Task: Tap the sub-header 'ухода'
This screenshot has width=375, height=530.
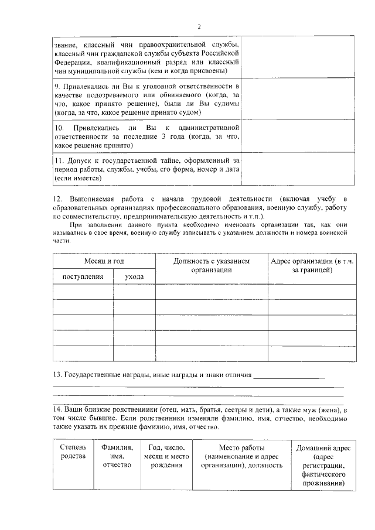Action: point(134,276)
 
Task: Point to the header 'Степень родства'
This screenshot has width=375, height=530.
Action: point(73,452)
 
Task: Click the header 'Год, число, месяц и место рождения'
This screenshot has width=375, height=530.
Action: point(166,456)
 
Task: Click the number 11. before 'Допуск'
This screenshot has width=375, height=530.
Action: point(59,159)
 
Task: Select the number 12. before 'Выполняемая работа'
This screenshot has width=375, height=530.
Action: point(57,200)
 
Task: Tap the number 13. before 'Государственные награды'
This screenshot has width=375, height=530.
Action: point(57,374)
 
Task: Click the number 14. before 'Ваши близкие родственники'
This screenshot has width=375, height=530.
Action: point(57,410)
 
